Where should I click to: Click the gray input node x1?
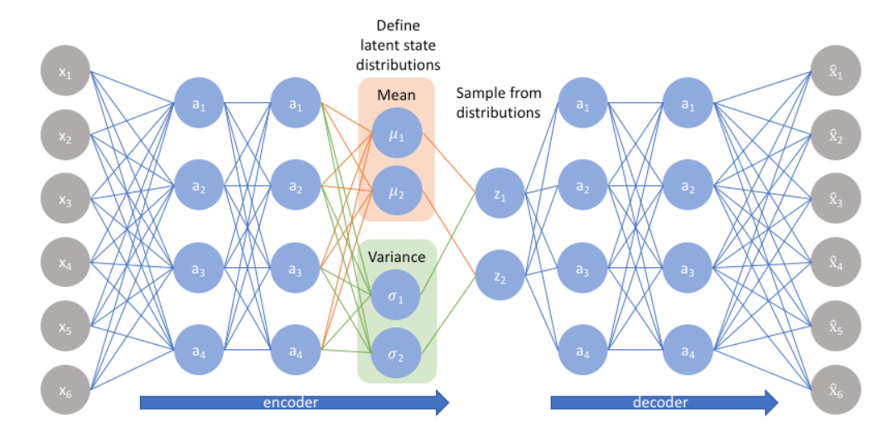[65, 72]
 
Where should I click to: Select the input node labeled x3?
[65, 199]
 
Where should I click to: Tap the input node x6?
[65, 391]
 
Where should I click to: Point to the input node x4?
[65, 263]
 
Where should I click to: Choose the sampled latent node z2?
[500, 275]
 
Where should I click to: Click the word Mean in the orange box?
[396, 95]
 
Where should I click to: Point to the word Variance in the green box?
[398, 256]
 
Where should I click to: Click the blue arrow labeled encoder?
[294, 403]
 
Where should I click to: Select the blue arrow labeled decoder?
[664, 403]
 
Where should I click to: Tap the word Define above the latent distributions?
[397, 27]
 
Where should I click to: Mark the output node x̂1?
[834, 72]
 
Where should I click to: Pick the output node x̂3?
[834, 199]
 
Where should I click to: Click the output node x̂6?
[834, 391]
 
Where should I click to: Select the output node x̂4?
[834, 263]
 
